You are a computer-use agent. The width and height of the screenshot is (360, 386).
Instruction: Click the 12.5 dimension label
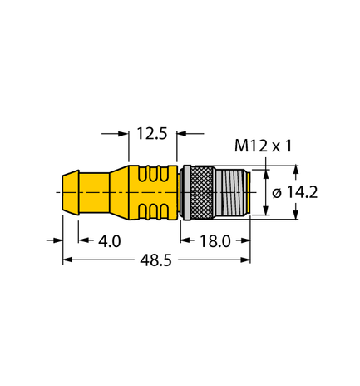click(x=152, y=131)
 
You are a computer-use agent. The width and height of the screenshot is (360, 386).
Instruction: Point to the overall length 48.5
click(x=155, y=260)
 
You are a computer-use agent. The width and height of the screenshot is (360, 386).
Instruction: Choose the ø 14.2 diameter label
click(x=297, y=193)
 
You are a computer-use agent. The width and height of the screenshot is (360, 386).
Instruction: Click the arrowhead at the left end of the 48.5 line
click(x=68, y=260)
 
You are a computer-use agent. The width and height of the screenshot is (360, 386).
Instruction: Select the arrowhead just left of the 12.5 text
click(x=125, y=132)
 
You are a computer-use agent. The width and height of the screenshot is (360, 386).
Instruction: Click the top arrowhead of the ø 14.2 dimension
click(x=267, y=172)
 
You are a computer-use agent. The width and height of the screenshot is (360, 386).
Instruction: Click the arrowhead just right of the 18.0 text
click(x=245, y=240)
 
